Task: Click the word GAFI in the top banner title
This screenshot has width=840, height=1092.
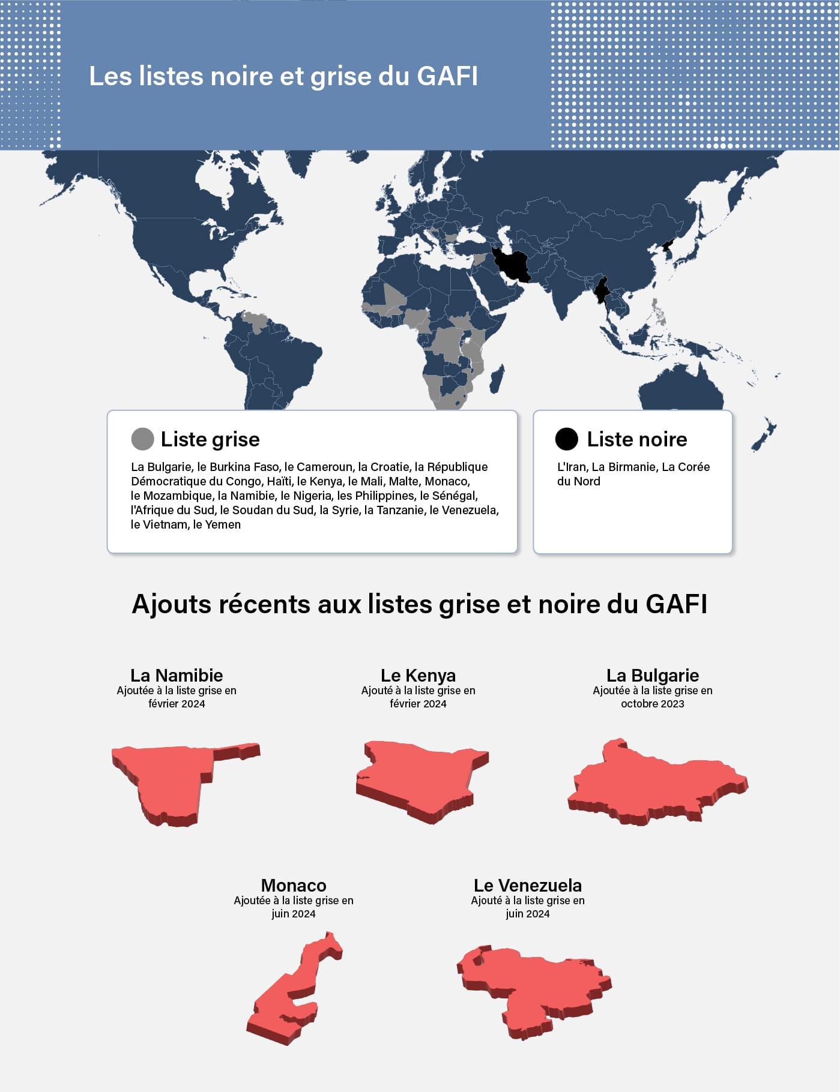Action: tap(447, 77)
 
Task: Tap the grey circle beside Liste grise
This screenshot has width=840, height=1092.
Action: tap(142, 439)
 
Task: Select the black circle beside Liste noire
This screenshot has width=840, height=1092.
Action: tap(566, 439)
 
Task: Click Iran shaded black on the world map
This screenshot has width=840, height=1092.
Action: tap(512, 265)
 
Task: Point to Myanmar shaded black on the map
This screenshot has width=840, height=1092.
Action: tap(602, 290)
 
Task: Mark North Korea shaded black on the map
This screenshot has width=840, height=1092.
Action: tap(668, 245)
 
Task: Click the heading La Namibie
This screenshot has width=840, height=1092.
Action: tap(177, 676)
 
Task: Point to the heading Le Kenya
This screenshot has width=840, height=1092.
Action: tap(418, 676)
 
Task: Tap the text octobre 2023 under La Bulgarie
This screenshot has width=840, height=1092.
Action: tap(653, 704)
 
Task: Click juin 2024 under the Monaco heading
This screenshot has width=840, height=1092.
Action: tap(293, 914)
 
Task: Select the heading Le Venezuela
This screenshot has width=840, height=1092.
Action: tap(528, 886)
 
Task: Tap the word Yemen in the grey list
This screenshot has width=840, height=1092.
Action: tap(223, 524)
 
